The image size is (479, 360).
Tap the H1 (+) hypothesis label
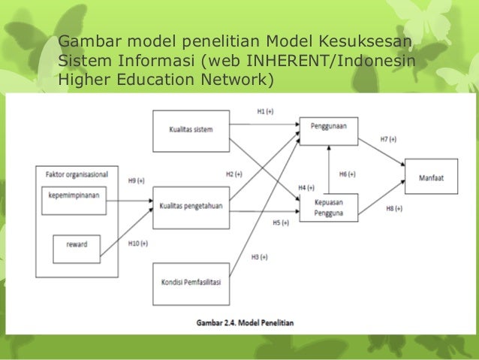[x=265, y=110]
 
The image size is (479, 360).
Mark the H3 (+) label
[x=259, y=257]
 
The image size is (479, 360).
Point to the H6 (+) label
[x=347, y=174]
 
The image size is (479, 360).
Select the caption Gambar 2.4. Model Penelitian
[x=240, y=322]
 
